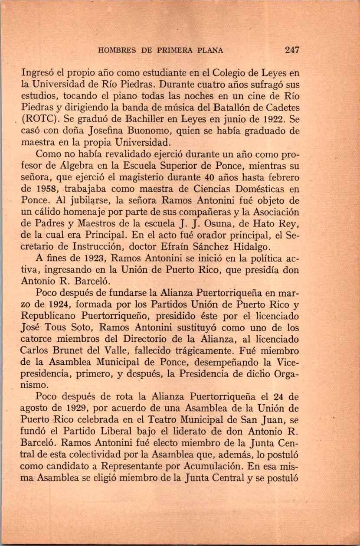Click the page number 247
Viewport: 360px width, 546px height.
tap(292, 50)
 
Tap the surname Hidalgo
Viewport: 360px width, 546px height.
tap(246, 248)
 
